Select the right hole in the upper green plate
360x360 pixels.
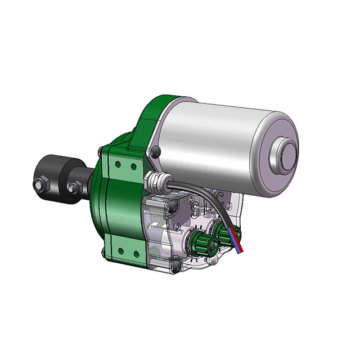pos(133,166)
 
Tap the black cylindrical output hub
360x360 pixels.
pos(56,174)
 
